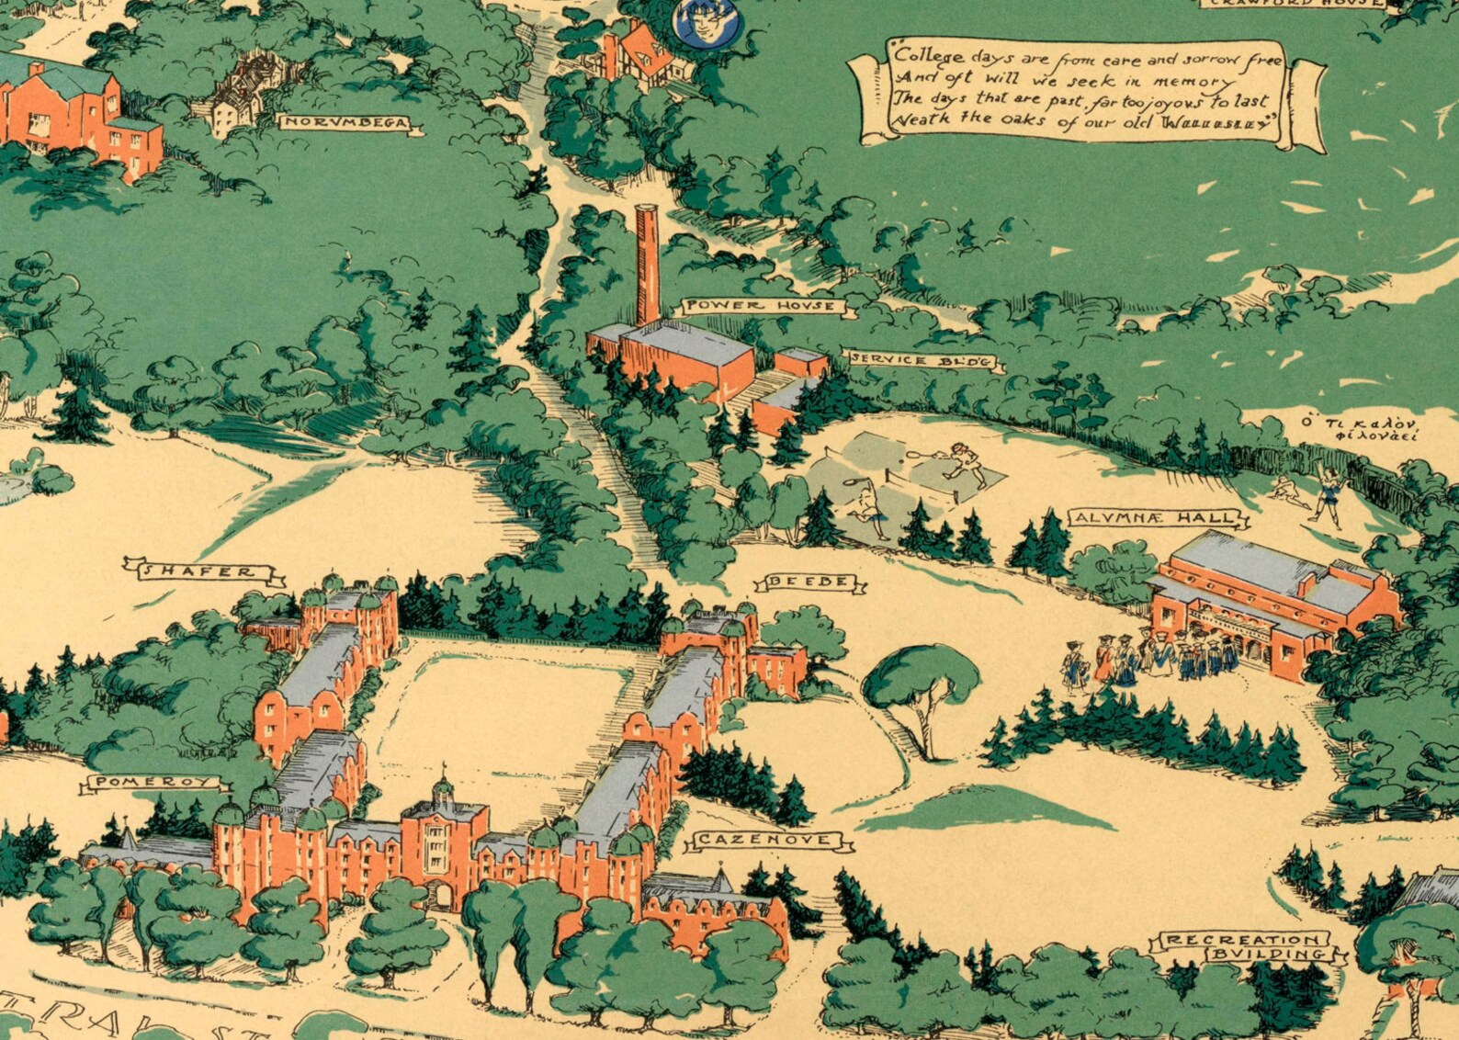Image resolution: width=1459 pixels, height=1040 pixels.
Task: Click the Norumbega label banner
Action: tap(344, 122)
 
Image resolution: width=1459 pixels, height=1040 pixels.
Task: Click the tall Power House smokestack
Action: tap(648, 262)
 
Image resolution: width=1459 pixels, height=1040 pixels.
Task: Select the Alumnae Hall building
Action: tap(1272, 602)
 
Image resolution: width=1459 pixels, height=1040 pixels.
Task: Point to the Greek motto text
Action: tap(1359, 429)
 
